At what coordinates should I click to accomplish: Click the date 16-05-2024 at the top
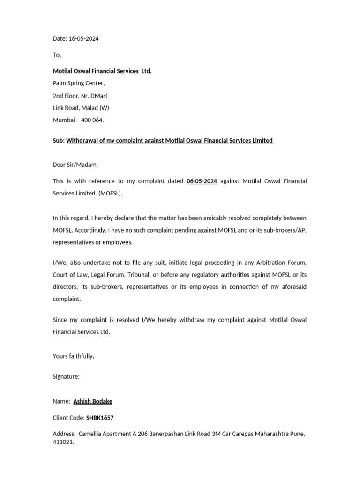83,39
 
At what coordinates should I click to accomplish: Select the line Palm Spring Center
79,83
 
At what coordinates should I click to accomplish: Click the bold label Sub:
59,141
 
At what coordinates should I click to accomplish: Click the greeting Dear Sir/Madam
75,165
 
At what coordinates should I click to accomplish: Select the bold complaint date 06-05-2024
202,181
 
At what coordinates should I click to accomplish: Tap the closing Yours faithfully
73,356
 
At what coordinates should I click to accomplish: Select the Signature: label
66,376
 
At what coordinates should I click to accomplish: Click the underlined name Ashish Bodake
93,401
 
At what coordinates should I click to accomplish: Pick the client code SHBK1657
100,418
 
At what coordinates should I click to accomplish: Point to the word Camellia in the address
92,434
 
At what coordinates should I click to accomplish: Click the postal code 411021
63,442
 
